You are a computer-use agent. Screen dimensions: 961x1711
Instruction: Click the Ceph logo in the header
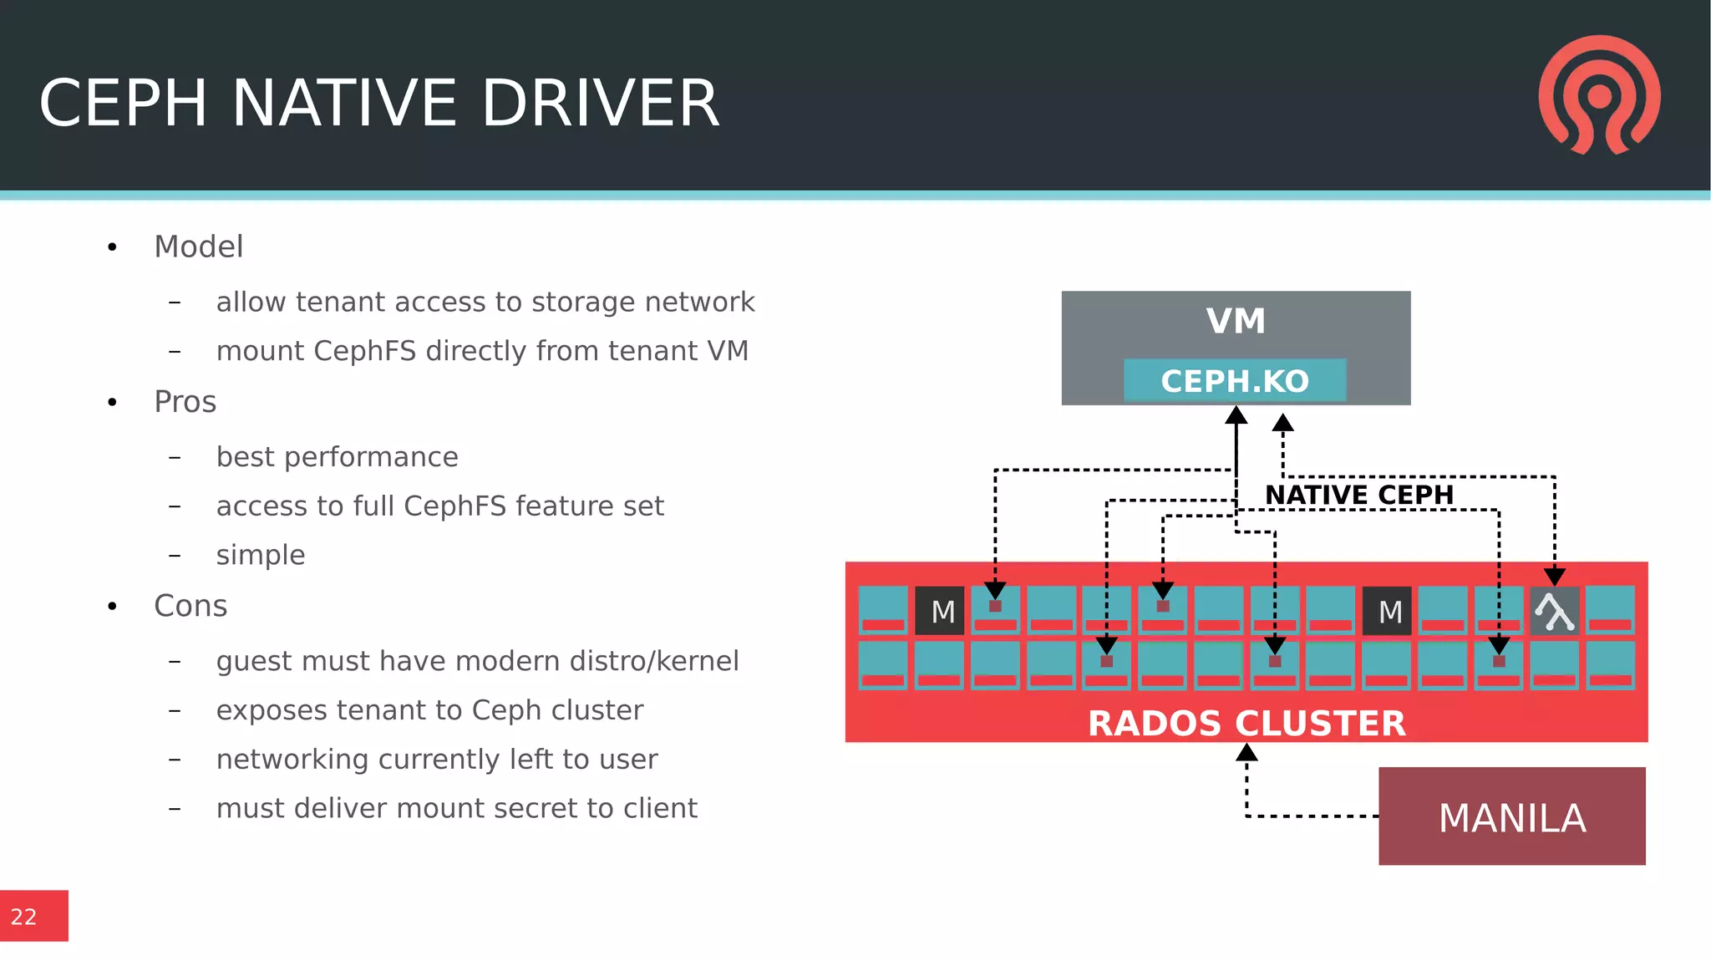pos(1599,94)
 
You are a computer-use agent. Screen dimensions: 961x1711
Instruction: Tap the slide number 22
pos(24,917)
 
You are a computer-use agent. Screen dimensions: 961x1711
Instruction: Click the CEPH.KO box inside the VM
pos(1235,381)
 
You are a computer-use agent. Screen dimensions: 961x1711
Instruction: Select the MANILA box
pos(1511,816)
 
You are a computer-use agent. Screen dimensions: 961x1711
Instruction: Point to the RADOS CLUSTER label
pos(1246,724)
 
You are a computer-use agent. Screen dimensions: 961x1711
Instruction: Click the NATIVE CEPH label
pos(1359,495)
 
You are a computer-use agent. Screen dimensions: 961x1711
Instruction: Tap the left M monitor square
pos(941,611)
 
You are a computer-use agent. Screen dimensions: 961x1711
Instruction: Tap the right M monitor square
pos(1389,611)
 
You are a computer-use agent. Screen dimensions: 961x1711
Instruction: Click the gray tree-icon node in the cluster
pos(1554,611)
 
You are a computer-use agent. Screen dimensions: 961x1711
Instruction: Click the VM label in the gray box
pos(1236,322)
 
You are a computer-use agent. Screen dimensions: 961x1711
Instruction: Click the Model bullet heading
pos(199,247)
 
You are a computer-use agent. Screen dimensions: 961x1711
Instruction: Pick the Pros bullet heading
pos(185,402)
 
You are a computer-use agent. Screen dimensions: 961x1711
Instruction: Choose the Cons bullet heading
pos(190,606)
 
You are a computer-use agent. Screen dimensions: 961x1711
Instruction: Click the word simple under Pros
pos(261,555)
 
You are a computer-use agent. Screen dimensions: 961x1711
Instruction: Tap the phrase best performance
pos(337,457)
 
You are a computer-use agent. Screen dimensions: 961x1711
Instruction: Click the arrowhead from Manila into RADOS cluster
pos(1246,753)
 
